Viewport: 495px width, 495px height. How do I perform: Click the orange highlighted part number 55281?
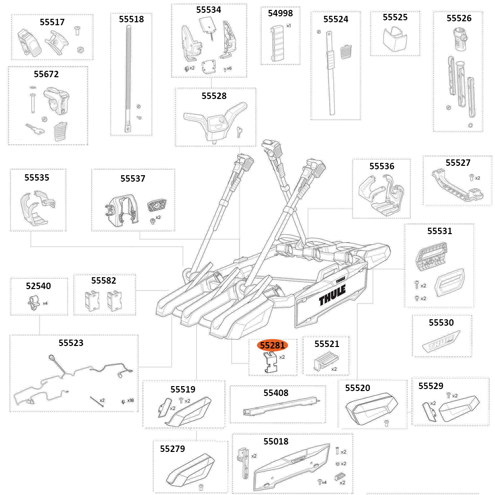pyautogui.click(x=272, y=345)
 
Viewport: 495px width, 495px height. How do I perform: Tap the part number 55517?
pyautogui.click(x=52, y=22)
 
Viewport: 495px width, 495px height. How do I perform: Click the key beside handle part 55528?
pyautogui.click(x=240, y=130)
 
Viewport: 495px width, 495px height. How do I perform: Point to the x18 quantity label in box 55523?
pyautogui.click(x=130, y=400)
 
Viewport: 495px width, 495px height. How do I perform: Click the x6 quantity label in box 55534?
pyautogui.click(x=229, y=68)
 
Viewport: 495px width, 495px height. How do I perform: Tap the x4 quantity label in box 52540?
pyautogui.click(x=45, y=303)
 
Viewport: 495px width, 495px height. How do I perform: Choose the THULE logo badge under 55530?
pyautogui.click(x=442, y=343)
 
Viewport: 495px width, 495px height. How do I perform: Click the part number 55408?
pyautogui.click(x=276, y=393)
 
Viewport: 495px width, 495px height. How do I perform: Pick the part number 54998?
pyautogui.click(x=280, y=13)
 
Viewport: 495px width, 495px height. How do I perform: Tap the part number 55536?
pyautogui.click(x=382, y=166)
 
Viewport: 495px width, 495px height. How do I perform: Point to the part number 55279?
pyautogui.click(x=172, y=449)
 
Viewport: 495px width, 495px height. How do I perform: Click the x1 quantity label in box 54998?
pyautogui.click(x=289, y=25)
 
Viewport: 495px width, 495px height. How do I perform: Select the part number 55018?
pyautogui.click(x=276, y=441)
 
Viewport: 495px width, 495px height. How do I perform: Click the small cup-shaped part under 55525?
pyautogui.click(x=395, y=39)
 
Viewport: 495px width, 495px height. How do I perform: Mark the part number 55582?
pyautogui.click(x=103, y=281)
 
